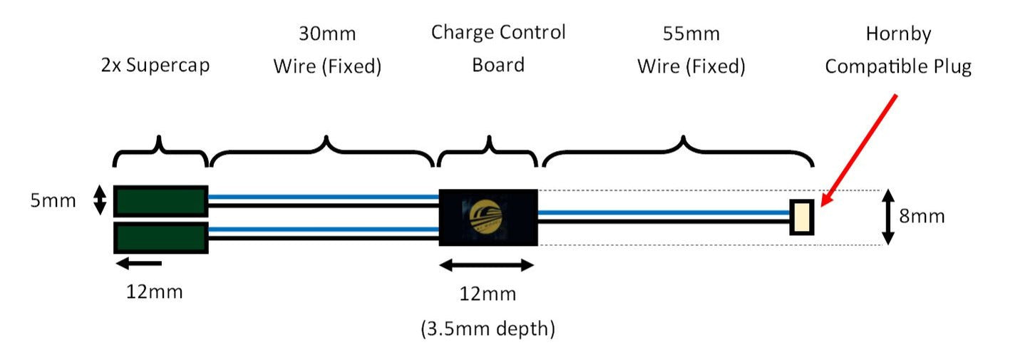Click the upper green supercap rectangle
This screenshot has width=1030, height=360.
point(160,200)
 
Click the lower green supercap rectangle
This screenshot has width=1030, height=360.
point(160,237)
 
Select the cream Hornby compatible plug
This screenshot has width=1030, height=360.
point(802,217)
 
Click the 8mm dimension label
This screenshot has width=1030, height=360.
point(921,215)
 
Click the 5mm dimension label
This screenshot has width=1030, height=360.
point(53,200)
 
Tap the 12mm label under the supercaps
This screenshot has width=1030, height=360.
point(154,292)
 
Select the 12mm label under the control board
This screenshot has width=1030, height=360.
point(488,294)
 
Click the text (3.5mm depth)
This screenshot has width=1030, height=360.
point(488,329)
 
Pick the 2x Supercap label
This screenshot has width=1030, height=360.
point(155,66)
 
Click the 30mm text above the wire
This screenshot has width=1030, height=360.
point(327,34)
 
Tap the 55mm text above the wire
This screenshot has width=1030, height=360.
point(691,34)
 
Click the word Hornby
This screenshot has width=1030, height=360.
point(898,34)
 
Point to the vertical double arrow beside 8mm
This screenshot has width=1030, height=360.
point(888,217)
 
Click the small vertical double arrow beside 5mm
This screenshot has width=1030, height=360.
point(100,200)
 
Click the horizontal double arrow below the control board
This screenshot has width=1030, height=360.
point(487,265)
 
